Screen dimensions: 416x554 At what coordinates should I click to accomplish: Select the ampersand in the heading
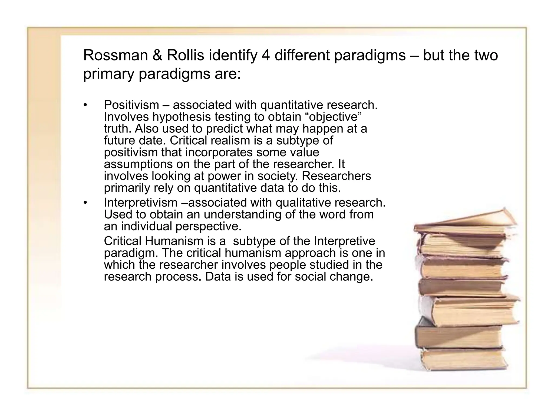[157, 56]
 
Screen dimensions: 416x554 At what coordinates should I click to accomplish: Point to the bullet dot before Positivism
[85, 105]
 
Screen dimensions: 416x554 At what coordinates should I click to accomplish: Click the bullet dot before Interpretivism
[85, 203]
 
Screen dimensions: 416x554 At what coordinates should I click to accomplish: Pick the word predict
[225, 129]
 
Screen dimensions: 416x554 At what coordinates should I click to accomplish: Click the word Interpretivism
[140, 203]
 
